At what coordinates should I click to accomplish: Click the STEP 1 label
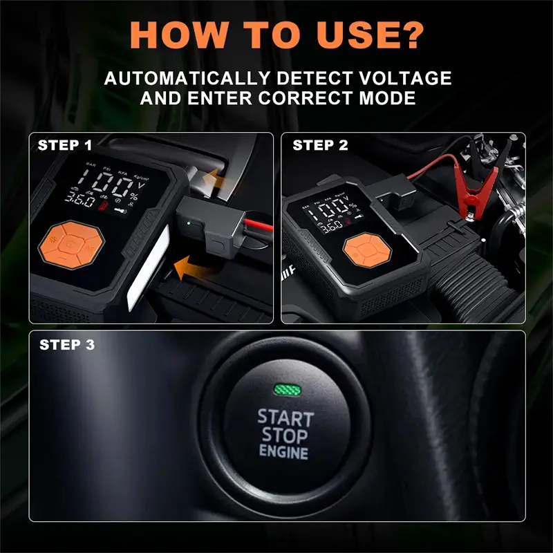coord(64,145)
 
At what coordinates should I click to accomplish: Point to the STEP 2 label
coord(320,145)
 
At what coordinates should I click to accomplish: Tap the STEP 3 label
coord(67,344)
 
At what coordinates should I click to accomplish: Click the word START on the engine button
coord(285,418)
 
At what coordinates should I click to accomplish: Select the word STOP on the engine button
coord(285,436)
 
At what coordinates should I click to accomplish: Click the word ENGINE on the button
coord(284,453)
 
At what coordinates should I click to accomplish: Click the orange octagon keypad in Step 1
coord(70,243)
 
